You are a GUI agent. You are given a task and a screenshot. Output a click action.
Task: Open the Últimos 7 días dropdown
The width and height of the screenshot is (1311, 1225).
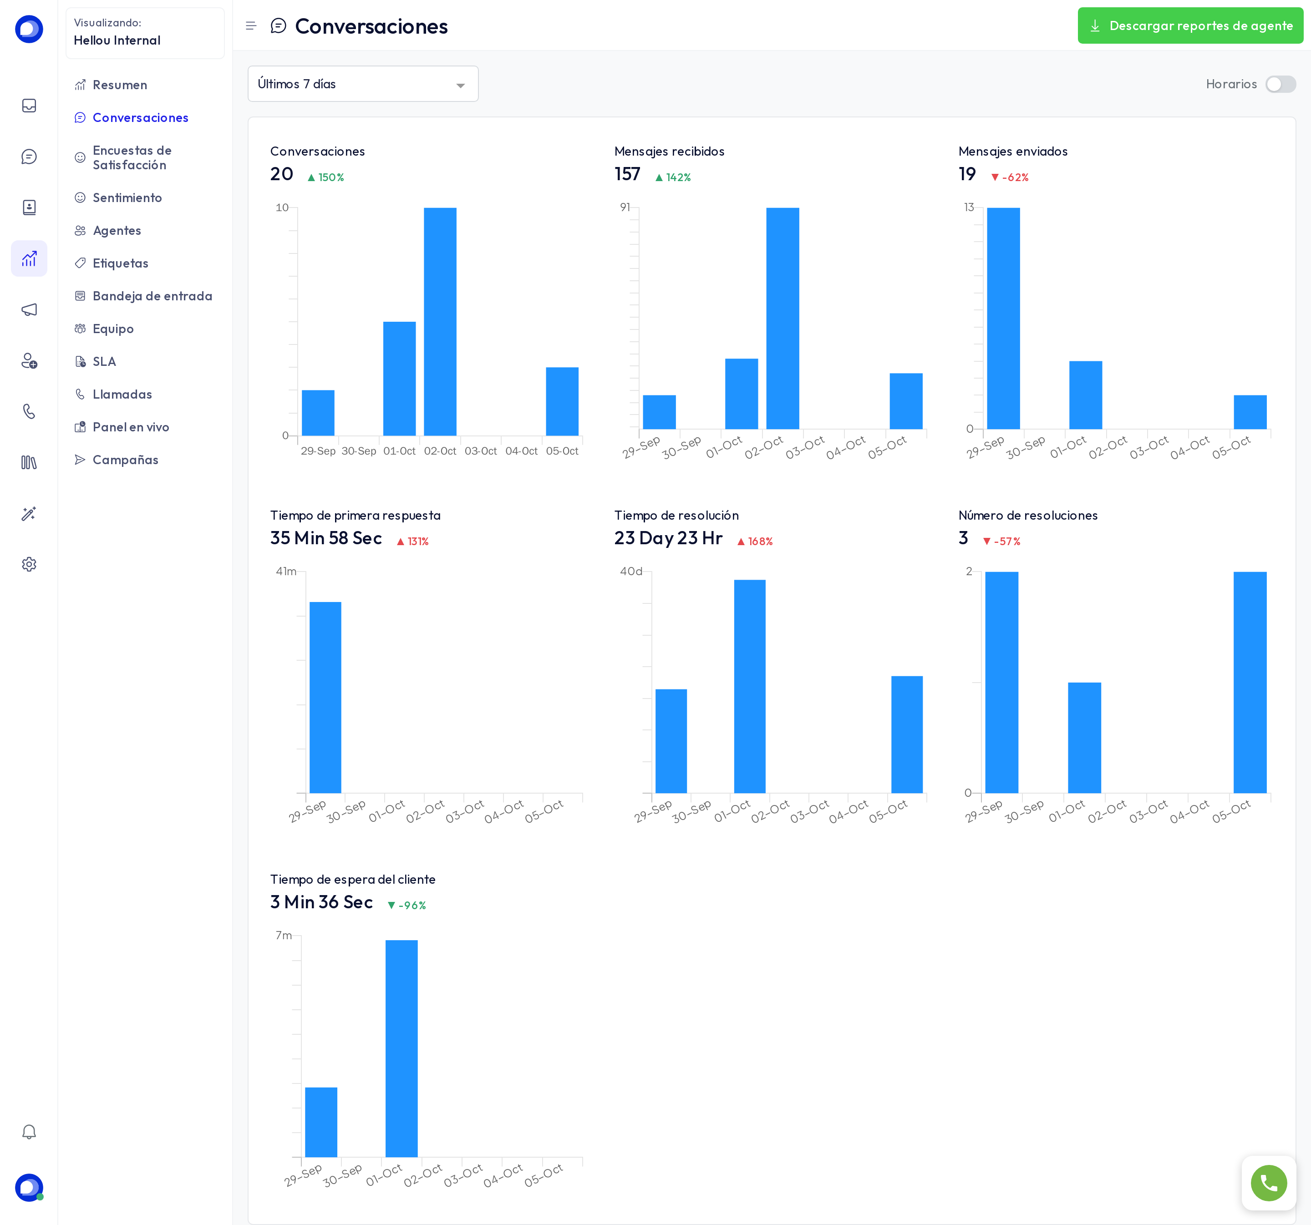pyautogui.click(x=363, y=84)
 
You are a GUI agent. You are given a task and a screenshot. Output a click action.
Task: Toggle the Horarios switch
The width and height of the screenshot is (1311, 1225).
pyautogui.click(x=1280, y=84)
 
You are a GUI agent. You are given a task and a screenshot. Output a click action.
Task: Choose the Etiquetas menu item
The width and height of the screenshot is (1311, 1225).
pyautogui.click(x=120, y=263)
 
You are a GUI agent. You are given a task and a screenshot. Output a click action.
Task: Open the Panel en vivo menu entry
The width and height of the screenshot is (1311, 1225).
pyautogui.click(x=131, y=427)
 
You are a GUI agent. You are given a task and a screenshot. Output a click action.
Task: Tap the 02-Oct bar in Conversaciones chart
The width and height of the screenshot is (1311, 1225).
pyautogui.click(x=440, y=322)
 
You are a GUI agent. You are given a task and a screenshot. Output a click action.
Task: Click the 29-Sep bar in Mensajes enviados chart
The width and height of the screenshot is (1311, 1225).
pyautogui.click(x=1003, y=319)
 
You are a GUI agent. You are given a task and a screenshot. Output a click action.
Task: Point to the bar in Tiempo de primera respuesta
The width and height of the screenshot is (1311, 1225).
pyautogui.click(x=325, y=698)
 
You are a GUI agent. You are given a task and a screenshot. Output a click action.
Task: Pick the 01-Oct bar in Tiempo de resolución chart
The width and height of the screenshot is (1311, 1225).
pyautogui.click(x=750, y=686)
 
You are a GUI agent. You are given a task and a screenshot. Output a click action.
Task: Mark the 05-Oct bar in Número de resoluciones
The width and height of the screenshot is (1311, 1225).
pyautogui.click(x=1250, y=683)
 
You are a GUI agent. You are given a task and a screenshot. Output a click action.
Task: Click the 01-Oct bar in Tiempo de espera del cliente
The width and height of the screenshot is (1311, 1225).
pyautogui.click(x=401, y=1048)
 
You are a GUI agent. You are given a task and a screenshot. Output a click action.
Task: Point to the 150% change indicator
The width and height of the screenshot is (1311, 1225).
pyautogui.click(x=326, y=177)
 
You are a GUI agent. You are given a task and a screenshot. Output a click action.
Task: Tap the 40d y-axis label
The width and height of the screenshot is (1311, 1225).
pyautogui.click(x=630, y=571)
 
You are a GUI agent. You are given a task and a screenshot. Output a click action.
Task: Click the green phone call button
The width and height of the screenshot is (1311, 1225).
pyautogui.click(x=1268, y=1183)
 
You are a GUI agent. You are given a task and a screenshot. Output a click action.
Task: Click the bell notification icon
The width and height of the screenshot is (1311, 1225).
pyautogui.click(x=29, y=1132)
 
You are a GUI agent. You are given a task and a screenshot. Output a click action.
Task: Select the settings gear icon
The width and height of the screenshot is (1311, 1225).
pyautogui.click(x=29, y=564)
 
